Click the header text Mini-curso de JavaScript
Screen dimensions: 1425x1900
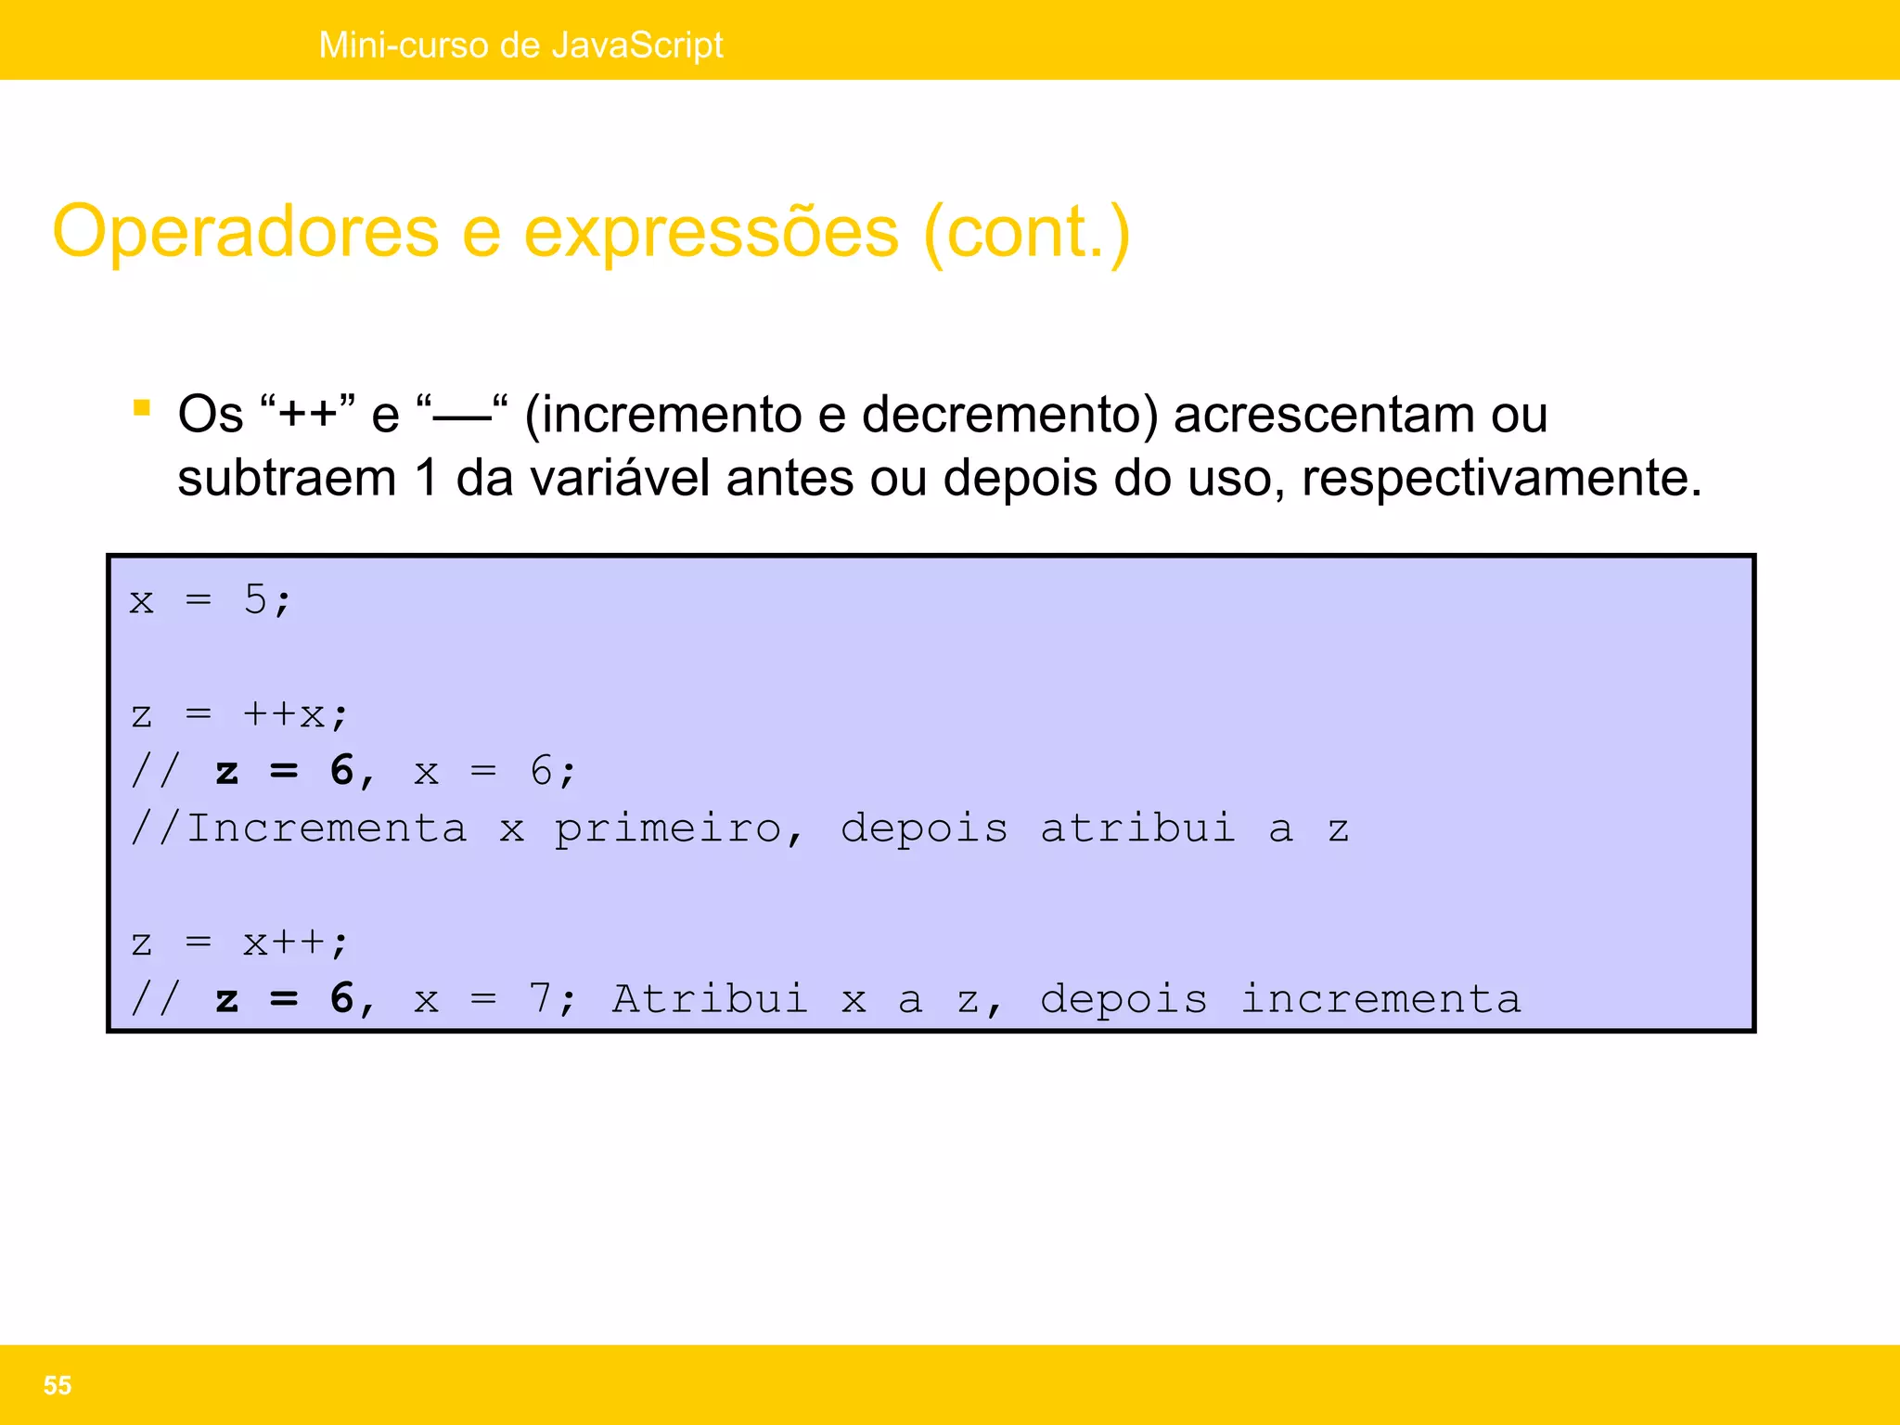(520, 45)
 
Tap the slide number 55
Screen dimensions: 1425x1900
(58, 1385)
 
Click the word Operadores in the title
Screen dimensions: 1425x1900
(246, 232)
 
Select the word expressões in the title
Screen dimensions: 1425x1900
(712, 232)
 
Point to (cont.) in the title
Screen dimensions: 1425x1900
(1027, 232)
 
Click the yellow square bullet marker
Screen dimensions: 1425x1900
(142, 408)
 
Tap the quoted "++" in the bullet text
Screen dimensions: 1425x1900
(308, 414)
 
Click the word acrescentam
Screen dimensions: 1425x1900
(1324, 415)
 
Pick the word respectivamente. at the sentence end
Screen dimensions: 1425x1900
(1501, 479)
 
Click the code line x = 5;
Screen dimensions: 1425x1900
(211, 600)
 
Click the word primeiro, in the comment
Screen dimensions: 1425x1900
(678, 828)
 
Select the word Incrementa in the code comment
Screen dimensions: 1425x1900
(327, 828)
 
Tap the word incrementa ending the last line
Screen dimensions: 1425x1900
(1380, 999)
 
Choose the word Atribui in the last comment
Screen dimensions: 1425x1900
(710, 999)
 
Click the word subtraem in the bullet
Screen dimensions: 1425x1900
(287, 479)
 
